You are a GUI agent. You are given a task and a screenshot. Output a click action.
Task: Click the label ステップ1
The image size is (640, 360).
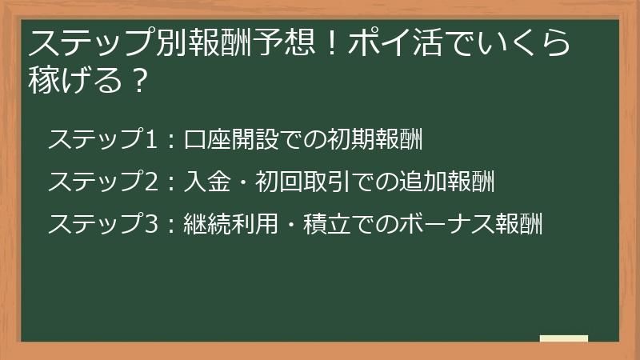pyautogui.click(x=100, y=139)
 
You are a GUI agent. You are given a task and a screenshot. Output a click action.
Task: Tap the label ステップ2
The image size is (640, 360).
pyautogui.click(x=100, y=182)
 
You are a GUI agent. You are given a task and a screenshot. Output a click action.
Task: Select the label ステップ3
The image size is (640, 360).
pyautogui.click(x=100, y=224)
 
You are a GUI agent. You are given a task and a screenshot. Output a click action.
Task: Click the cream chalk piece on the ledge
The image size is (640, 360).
pyautogui.click(x=563, y=338)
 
